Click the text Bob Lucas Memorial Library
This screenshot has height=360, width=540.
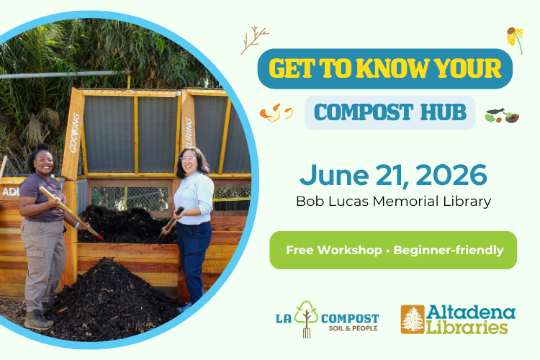[393, 201]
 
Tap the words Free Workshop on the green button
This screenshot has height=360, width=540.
[328, 251]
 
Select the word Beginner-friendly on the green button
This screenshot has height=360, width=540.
[449, 251]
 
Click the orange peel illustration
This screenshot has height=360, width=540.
[276, 112]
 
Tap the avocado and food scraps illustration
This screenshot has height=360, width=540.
[502, 114]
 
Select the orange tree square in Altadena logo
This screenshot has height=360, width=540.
[413, 319]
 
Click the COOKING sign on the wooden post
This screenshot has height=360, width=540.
[73, 134]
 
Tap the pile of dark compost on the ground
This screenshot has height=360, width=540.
[108, 299]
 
